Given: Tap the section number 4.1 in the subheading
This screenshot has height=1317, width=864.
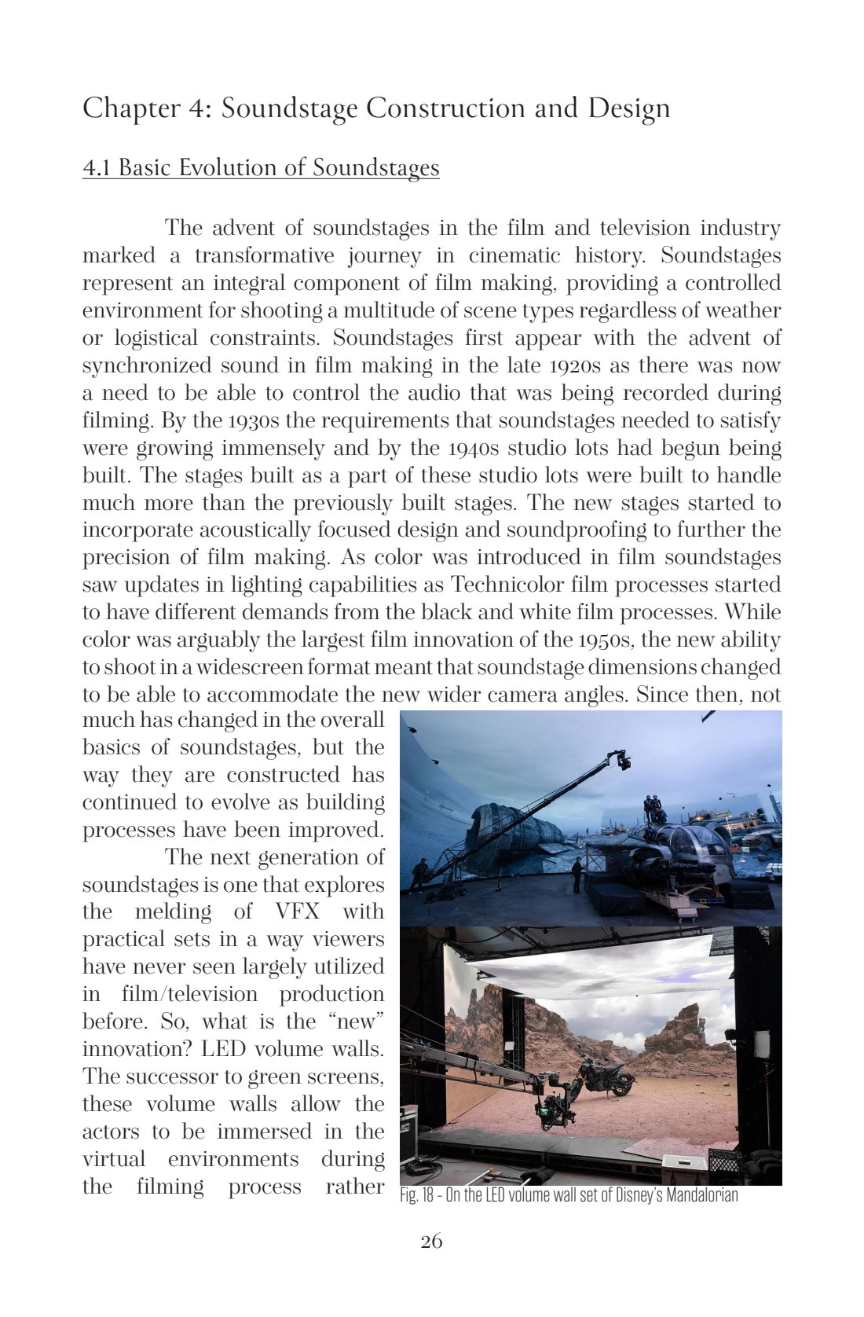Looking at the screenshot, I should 97,168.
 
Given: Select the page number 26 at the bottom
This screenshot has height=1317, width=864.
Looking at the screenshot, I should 431,1242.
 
